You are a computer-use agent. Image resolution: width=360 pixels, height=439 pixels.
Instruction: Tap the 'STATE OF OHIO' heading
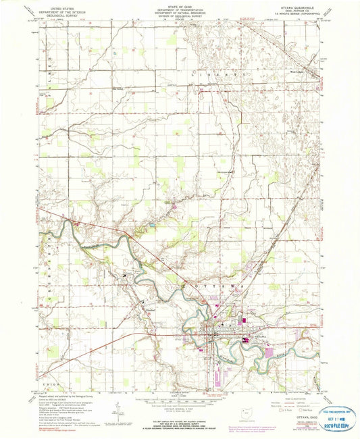(x=179, y=4)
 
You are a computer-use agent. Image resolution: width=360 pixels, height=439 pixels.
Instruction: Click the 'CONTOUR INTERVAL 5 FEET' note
(x=179, y=407)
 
